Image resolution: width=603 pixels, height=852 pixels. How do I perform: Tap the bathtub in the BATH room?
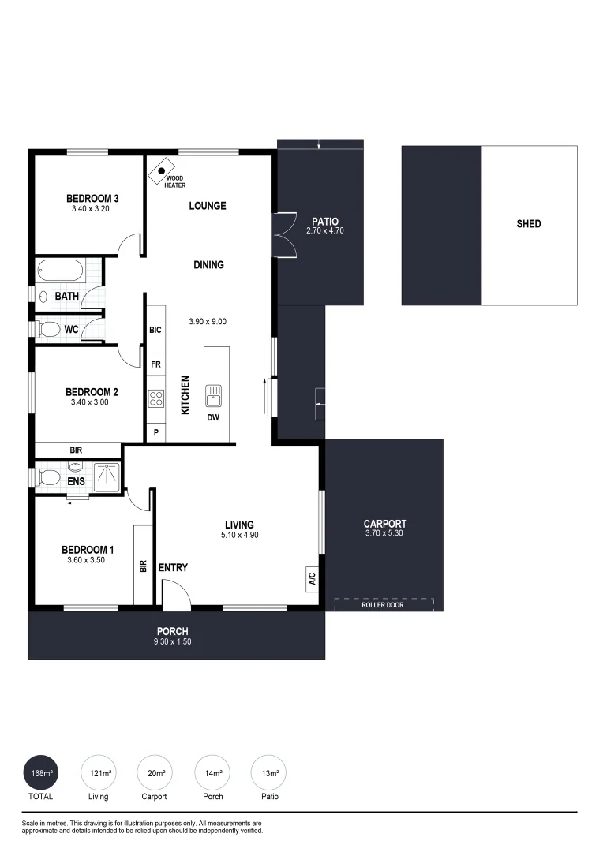pos(60,271)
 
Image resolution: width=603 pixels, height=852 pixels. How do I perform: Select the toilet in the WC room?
pos(48,328)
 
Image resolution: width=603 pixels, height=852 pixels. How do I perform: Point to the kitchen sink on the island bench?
pos(213,392)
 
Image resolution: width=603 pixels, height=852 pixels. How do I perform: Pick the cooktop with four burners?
pos(155,399)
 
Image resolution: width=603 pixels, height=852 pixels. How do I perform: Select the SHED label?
pos(528,224)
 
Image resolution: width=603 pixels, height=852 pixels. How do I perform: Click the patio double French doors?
pos(284,235)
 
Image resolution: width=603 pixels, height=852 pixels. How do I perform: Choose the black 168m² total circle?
pos(41,773)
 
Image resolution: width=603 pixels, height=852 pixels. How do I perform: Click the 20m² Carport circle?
pos(154,773)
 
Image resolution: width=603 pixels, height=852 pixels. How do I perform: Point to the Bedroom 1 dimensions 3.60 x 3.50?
pos(88,560)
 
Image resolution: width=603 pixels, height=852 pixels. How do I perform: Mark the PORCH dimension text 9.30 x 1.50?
pos(173,641)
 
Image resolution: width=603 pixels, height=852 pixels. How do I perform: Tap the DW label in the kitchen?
pos(213,417)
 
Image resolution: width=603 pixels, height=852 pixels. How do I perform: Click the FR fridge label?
pos(155,365)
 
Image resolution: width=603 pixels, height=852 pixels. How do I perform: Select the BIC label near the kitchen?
pos(155,330)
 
